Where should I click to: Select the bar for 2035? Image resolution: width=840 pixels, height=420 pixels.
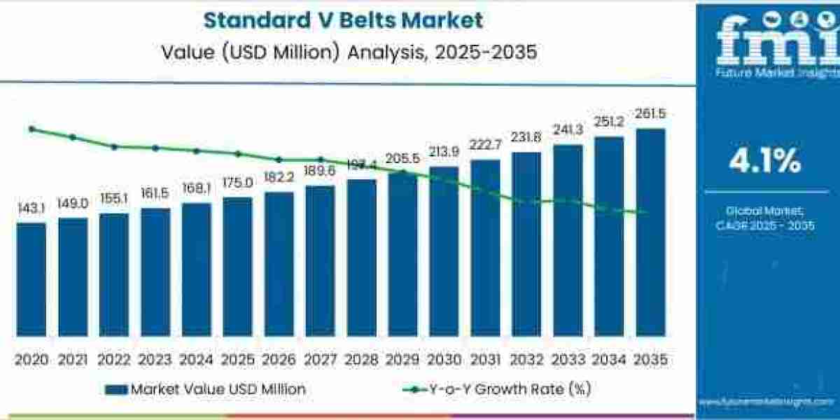(650, 231)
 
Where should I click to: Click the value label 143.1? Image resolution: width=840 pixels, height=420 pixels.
(31, 209)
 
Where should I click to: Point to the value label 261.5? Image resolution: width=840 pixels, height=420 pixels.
(650, 114)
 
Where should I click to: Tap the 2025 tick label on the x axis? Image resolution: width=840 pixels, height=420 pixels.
(237, 360)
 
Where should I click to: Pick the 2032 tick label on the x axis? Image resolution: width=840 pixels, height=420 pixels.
(526, 360)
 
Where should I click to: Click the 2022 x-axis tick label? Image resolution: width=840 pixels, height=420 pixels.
(113, 360)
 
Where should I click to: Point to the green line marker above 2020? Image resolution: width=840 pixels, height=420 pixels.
(31, 129)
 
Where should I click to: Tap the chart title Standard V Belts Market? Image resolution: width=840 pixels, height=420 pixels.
(343, 20)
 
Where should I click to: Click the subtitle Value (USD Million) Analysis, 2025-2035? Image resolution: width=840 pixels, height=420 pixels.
(349, 52)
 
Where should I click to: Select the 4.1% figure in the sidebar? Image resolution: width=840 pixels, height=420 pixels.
(764, 162)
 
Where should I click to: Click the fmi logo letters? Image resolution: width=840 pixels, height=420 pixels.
(766, 42)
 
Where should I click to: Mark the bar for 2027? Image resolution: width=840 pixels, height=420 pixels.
(320, 260)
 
